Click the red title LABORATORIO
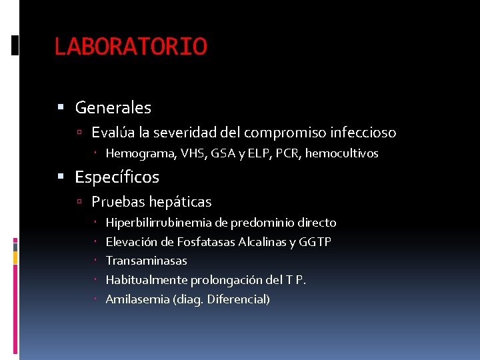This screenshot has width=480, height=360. [x=131, y=47]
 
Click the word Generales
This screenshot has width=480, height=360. [x=113, y=107]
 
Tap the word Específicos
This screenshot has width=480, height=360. [x=117, y=177]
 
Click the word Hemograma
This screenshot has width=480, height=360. [x=141, y=154]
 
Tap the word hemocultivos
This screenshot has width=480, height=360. [x=342, y=154]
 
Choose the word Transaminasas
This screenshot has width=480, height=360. [x=146, y=261]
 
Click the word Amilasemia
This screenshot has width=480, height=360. [x=137, y=299]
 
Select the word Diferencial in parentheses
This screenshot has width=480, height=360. [x=238, y=299]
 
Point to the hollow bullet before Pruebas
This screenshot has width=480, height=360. [x=79, y=202]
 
